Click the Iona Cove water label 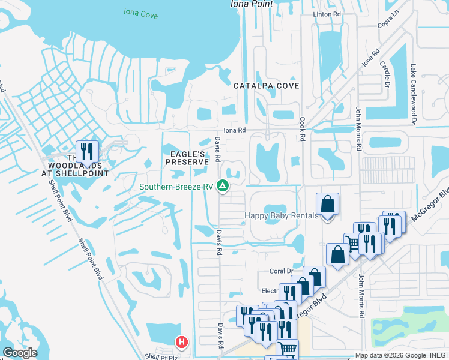click(140, 11)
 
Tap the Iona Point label click(252, 4)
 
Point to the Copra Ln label click(388, 24)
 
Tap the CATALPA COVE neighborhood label click(266, 86)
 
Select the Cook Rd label click(303, 129)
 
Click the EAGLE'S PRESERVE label click(187, 158)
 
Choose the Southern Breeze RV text click(176, 187)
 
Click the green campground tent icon click(223, 186)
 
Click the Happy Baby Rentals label click(281, 216)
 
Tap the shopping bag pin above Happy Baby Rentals click(327, 205)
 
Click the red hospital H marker click(181, 343)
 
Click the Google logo click(19, 353)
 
